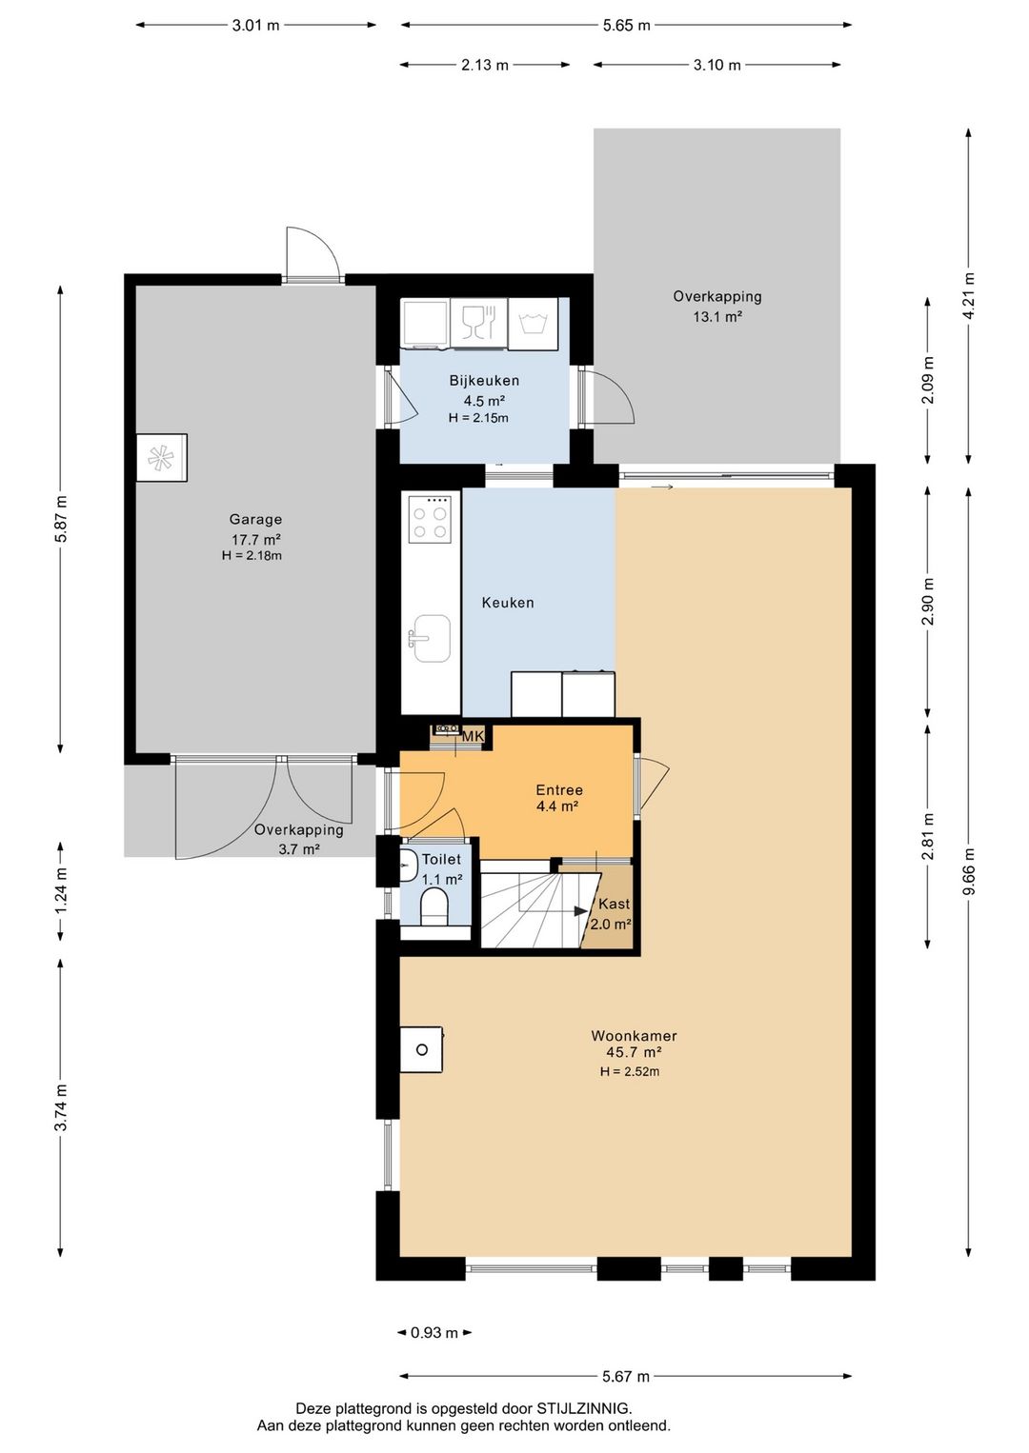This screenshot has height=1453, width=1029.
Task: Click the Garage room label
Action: (255, 519)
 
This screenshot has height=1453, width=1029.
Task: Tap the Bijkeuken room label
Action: (484, 381)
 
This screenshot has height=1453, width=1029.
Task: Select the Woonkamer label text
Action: (634, 1036)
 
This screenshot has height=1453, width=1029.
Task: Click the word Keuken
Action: (508, 603)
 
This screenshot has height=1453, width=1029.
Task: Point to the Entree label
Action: (559, 790)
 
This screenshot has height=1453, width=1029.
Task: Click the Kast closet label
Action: (614, 904)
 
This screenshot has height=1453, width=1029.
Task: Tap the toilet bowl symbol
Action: (434, 906)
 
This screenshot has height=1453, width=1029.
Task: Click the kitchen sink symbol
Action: (430, 639)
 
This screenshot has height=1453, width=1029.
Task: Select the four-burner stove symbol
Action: (430, 519)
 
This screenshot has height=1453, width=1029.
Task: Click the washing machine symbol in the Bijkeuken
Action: (533, 323)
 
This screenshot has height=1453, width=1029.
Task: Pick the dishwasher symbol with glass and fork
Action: (479, 323)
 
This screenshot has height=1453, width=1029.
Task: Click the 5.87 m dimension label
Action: (60, 519)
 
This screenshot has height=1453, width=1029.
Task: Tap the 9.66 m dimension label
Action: (968, 871)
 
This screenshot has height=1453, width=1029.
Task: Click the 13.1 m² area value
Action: (716, 316)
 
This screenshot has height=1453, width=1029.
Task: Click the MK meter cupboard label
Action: (473, 736)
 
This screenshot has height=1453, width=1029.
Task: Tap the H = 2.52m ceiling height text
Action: (630, 1071)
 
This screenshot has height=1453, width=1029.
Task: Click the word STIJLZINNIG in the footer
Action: (582, 1408)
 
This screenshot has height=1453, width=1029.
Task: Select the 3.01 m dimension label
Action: (255, 26)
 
